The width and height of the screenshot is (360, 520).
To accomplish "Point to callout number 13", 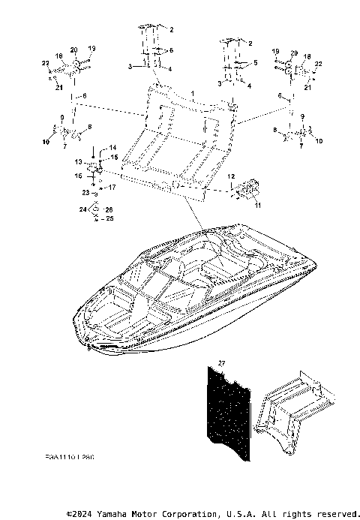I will tap(77, 161).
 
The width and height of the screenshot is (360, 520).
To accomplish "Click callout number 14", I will tap(114, 146).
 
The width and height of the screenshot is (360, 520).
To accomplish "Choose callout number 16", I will tap(77, 176).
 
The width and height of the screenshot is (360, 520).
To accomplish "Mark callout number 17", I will tap(113, 187).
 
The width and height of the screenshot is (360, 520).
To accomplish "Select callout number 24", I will tap(83, 210).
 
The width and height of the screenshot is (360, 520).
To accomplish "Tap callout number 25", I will tap(110, 218).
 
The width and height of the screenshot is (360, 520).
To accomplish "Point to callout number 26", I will tap(110, 210).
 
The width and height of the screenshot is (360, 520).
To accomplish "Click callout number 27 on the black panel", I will tap(221, 363).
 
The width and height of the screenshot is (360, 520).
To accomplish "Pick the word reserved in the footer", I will tap(335, 514).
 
